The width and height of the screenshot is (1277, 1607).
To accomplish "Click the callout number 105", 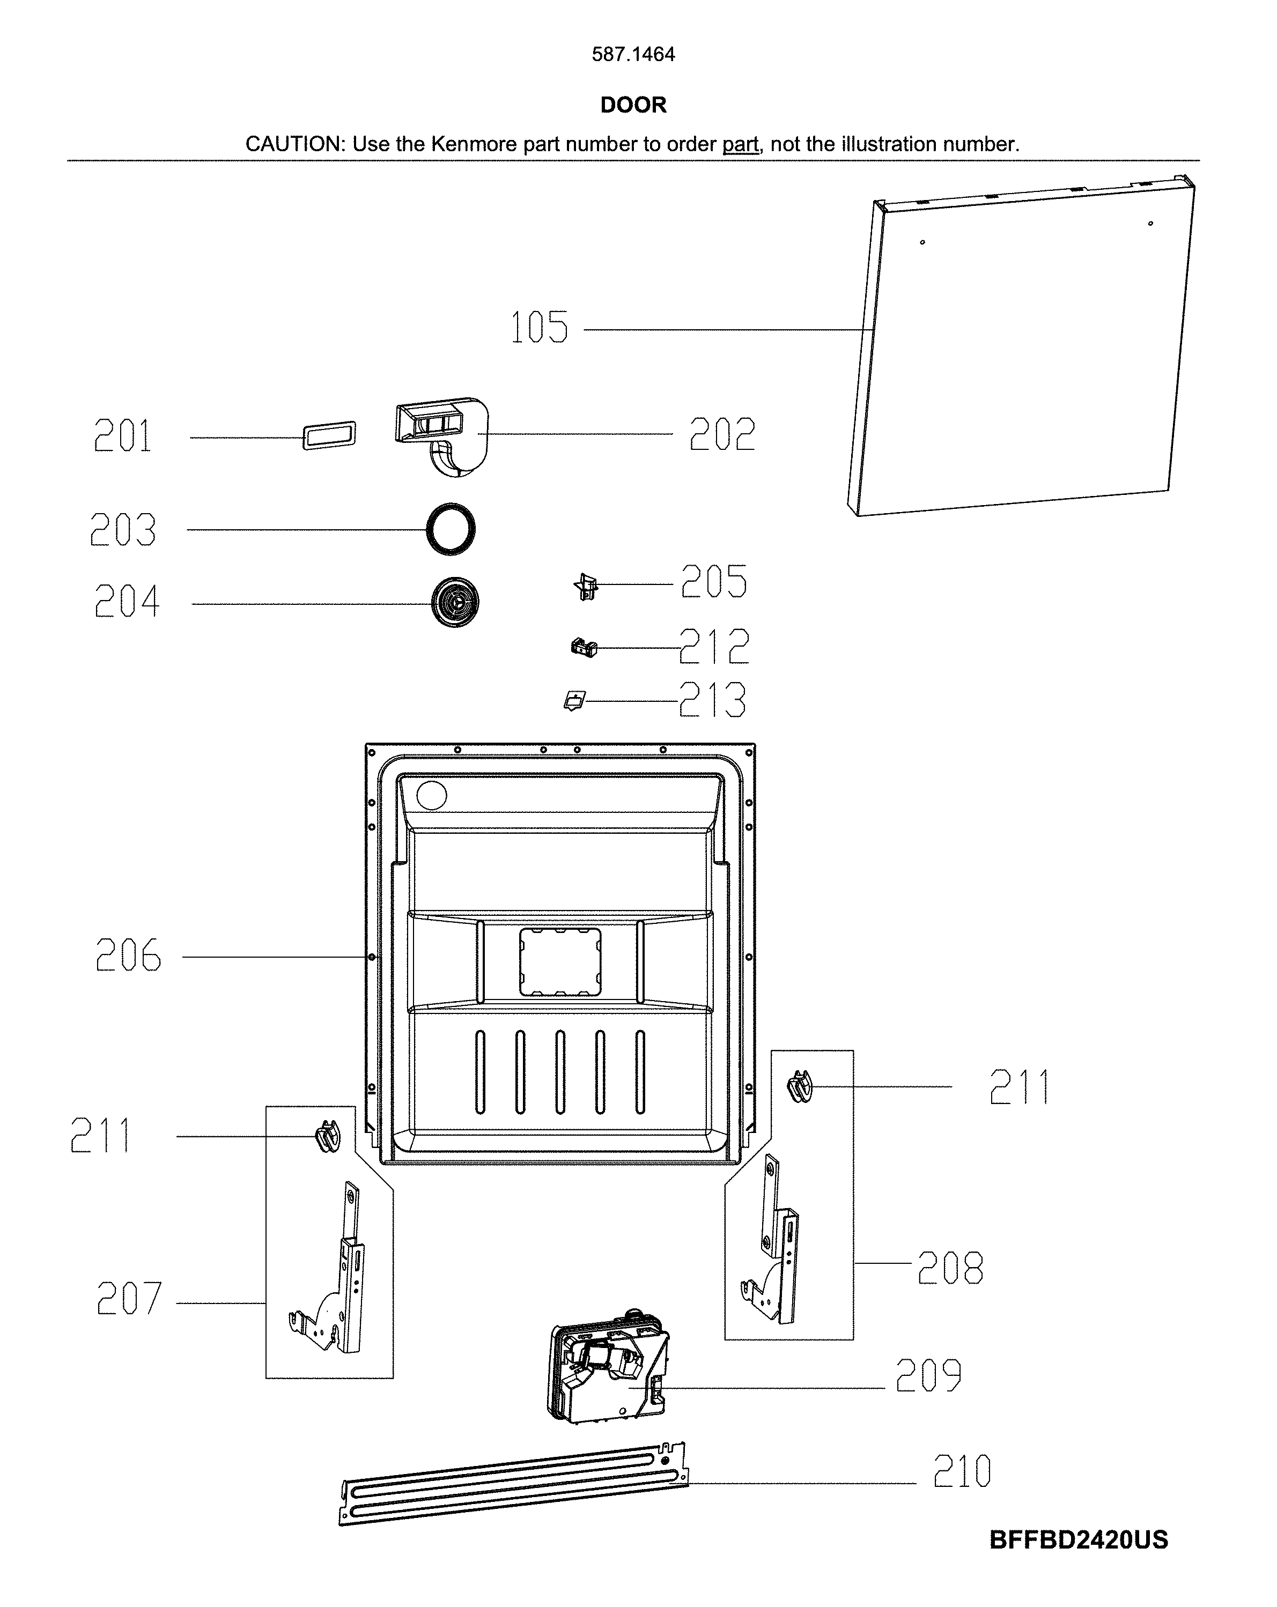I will [x=539, y=328].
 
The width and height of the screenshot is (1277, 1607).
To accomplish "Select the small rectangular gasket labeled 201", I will [x=329, y=435].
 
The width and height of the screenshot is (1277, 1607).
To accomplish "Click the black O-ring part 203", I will [x=451, y=530].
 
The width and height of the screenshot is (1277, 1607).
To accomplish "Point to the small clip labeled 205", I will [x=587, y=587].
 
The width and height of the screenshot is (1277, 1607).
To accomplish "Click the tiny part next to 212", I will [x=584, y=647].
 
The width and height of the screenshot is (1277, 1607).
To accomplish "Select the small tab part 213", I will [x=574, y=701].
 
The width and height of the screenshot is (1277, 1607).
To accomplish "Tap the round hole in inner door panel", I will [x=432, y=796].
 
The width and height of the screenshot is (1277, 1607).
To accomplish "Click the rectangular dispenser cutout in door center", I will [x=560, y=961].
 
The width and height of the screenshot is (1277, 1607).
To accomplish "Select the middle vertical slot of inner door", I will [x=560, y=1072].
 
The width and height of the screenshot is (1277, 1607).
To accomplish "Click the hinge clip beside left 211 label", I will [x=327, y=1137].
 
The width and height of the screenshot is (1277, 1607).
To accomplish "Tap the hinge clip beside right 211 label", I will [x=800, y=1087].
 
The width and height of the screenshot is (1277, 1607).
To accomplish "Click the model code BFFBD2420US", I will [x=1078, y=1539].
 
